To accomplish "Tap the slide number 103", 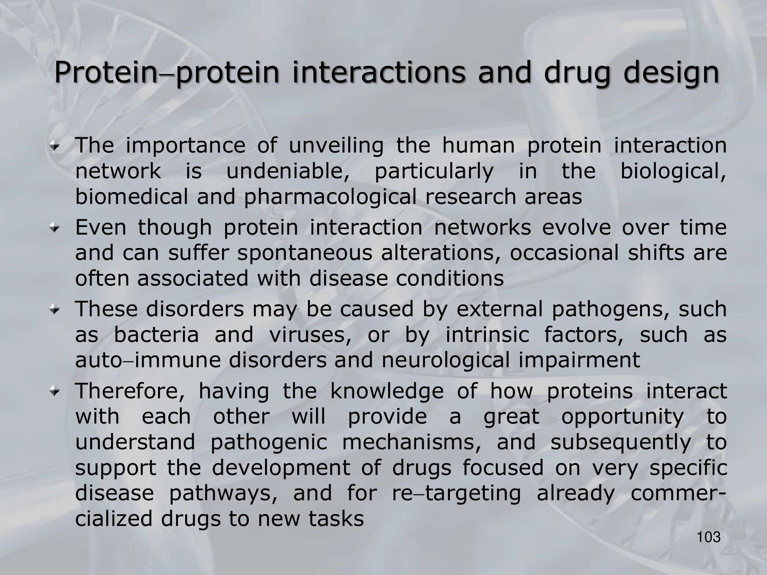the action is click(709, 537).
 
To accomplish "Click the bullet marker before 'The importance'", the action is click(57, 146).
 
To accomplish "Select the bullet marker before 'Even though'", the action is click(57, 228).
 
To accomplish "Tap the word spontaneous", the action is click(304, 254).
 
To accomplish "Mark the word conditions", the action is click(450, 279).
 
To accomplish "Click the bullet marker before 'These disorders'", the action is click(57, 310).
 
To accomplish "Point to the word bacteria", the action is click(156, 335).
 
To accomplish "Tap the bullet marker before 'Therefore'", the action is click(57, 392).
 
